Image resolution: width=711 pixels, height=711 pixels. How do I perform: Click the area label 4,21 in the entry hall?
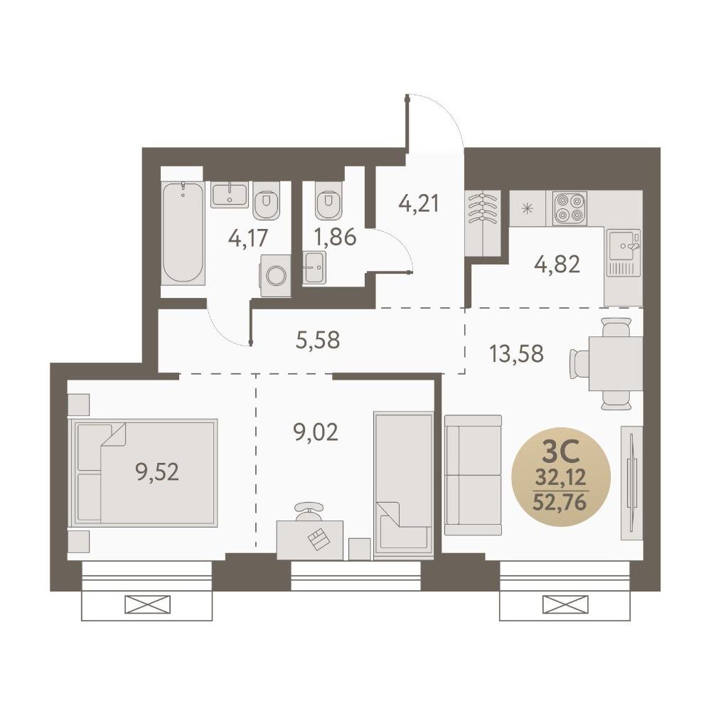419,203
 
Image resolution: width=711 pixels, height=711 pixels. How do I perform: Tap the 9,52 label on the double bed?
157,472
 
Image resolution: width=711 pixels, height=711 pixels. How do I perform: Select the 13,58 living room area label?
516,353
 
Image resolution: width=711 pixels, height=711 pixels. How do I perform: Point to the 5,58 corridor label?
317,340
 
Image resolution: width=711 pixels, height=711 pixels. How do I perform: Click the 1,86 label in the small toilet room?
336,237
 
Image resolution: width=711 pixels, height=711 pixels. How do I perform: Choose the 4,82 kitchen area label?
557,264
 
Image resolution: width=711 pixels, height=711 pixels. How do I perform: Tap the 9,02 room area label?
316,432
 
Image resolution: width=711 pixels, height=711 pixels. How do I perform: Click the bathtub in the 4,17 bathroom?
183,233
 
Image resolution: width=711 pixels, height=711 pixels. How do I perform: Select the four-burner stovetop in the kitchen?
570,208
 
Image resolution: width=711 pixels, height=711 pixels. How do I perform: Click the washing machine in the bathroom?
275,276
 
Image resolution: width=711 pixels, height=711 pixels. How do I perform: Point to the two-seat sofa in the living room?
474,475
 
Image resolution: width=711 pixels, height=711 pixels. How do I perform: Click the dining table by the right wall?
616,363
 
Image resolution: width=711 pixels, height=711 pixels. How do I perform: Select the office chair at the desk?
310,511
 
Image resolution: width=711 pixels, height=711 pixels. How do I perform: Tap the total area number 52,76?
561,502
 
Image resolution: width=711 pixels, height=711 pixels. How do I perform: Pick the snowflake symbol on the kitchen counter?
527,208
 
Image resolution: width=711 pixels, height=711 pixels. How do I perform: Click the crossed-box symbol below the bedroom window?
147,605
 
